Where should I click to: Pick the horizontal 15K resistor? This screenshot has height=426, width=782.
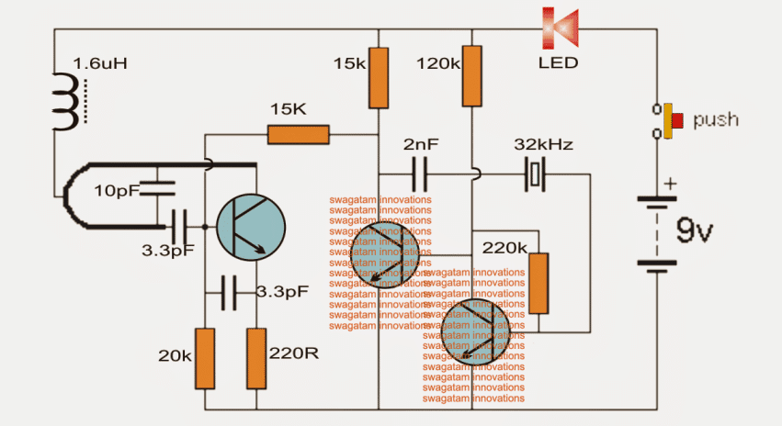click(299, 136)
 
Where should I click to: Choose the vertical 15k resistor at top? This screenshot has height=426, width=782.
click(378, 77)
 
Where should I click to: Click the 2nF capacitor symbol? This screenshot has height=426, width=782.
click(419, 173)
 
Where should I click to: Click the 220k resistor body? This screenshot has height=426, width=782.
click(539, 284)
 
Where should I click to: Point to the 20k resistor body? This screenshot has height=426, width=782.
click(204, 358)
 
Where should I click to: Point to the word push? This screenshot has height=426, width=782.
click(716, 120)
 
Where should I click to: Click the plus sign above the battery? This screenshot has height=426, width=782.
click(670, 184)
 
